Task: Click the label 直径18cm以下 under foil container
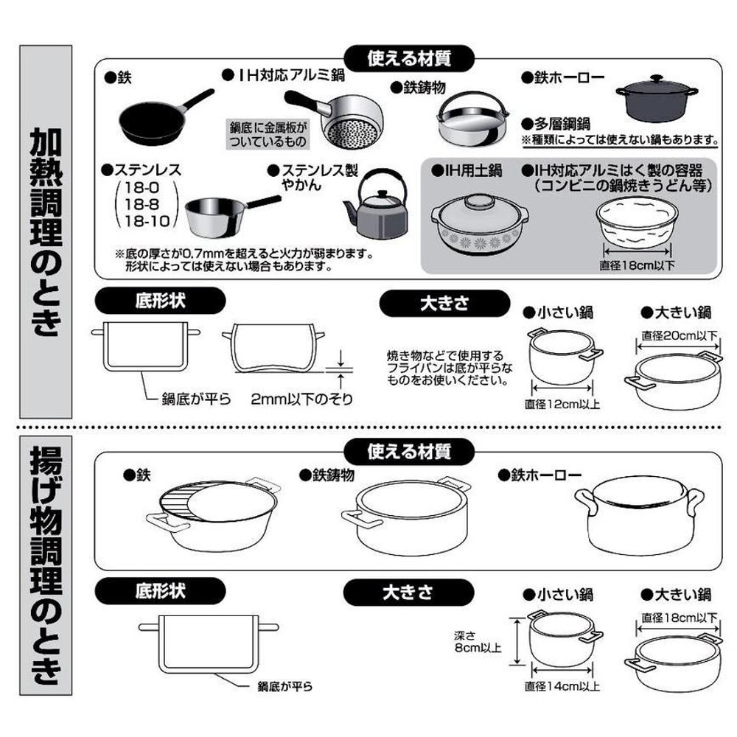point(638,264)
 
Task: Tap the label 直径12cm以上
point(562,403)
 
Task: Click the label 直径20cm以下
point(678,335)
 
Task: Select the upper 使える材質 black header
point(409,56)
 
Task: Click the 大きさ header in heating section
point(444,302)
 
